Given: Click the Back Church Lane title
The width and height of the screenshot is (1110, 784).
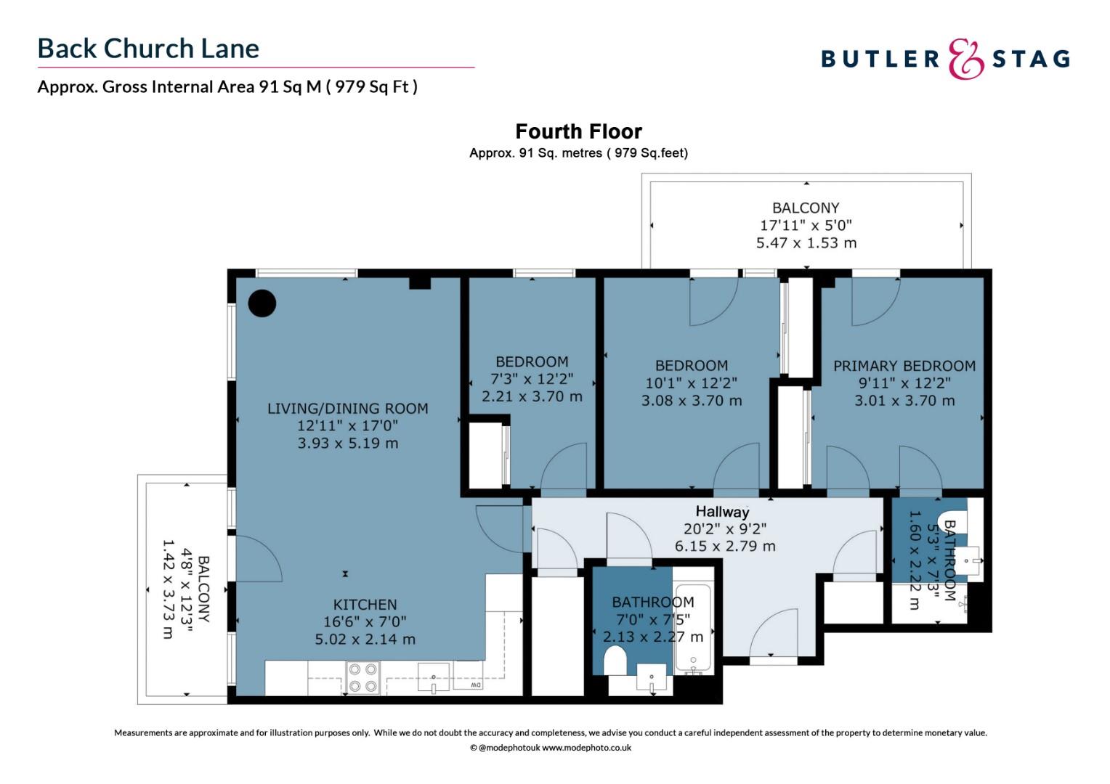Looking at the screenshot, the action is click(x=148, y=49).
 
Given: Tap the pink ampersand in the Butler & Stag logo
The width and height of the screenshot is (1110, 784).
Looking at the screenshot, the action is click(x=965, y=59).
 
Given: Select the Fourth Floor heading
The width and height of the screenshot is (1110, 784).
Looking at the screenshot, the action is click(x=578, y=131).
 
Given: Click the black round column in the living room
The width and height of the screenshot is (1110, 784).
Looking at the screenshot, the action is click(x=262, y=303).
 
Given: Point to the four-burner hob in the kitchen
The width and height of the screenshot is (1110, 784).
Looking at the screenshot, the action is click(x=362, y=677).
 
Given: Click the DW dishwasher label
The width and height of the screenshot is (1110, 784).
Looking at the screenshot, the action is click(x=475, y=685).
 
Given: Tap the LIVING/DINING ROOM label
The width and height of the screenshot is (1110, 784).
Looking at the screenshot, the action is click(x=347, y=409).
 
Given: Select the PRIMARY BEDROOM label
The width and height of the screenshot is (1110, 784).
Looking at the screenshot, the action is click(x=904, y=366).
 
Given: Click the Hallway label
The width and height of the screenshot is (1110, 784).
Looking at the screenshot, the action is click(x=722, y=512).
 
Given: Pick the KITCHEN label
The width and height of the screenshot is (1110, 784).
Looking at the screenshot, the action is click(x=365, y=605).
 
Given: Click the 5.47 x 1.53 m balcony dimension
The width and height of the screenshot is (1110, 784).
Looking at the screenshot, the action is click(x=806, y=243).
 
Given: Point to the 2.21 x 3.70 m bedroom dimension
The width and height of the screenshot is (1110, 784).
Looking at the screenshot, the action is click(x=532, y=396).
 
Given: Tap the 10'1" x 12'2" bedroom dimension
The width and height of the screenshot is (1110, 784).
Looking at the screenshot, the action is click(x=692, y=383).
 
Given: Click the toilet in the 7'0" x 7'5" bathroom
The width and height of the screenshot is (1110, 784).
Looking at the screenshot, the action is click(x=615, y=661).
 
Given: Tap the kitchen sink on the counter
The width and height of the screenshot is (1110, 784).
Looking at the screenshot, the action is click(x=434, y=677).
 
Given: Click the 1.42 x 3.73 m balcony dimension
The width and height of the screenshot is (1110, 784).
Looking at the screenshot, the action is click(x=168, y=589).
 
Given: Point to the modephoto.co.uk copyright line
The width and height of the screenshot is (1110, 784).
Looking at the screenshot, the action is click(x=551, y=748).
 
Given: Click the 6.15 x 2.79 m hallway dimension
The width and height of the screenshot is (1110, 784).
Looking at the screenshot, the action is click(x=725, y=547).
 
